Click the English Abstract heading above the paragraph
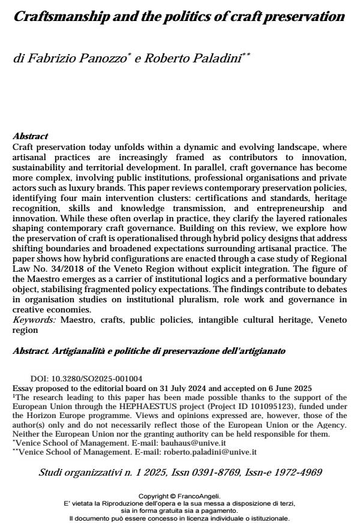pyautogui.click(x=30, y=137)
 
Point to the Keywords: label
pyautogui.click(x=34, y=320)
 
